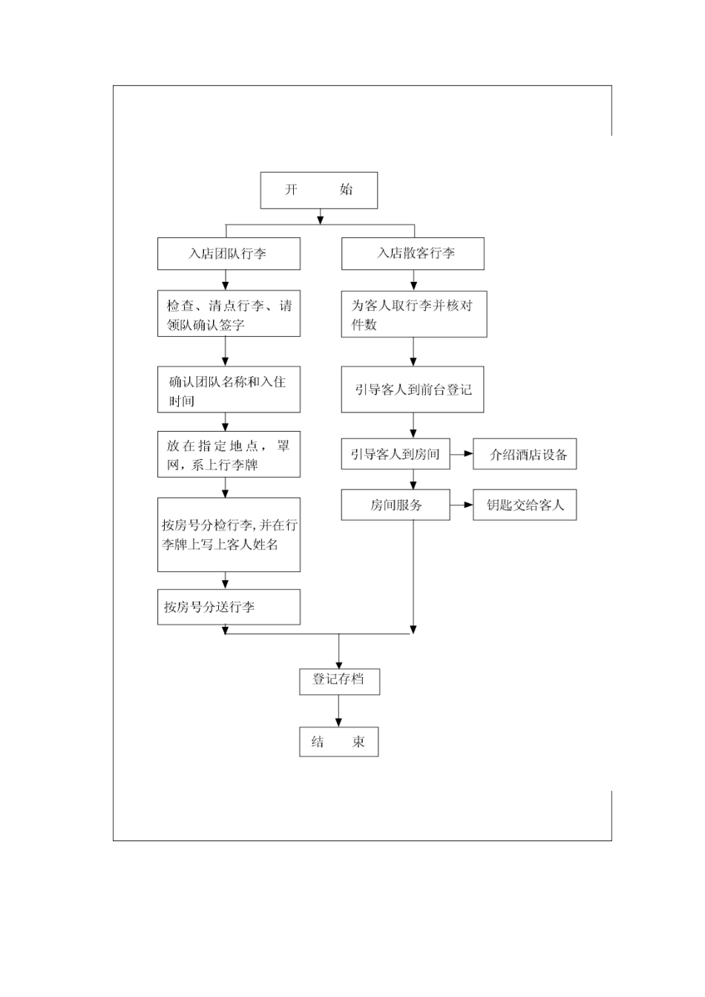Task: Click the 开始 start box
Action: pyautogui.click(x=318, y=191)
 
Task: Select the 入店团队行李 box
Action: pyautogui.click(x=229, y=254)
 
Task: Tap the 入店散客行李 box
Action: pyautogui.click(x=413, y=254)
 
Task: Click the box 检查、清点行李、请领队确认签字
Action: pyautogui.click(x=229, y=315)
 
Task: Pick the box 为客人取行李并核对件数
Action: pyautogui.click(x=413, y=315)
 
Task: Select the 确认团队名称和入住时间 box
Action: pyautogui.click(x=229, y=390)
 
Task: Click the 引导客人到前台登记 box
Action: pyautogui.click(x=413, y=389)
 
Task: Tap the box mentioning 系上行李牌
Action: pyautogui.click(x=229, y=455)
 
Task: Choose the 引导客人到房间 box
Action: pyautogui.click(x=396, y=455)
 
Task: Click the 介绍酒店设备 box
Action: pyautogui.click(x=525, y=455)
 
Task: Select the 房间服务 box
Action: pyautogui.click(x=396, y=505)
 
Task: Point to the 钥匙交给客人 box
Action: pyautogui.click(x=525, y=505)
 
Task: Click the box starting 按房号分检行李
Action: pyautogui.click(x=229, y=535)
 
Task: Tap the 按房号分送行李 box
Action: pyautogui.click(x=229, y=607)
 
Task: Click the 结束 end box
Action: pyautogui.click(x=339, y=742)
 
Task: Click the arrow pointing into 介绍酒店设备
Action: pyautogui.click(x=464, y=455)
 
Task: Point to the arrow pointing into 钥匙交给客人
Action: pyautogui.click(x=464, y=505)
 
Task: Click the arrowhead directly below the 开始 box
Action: pyautogui.click(x=320, y=218)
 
